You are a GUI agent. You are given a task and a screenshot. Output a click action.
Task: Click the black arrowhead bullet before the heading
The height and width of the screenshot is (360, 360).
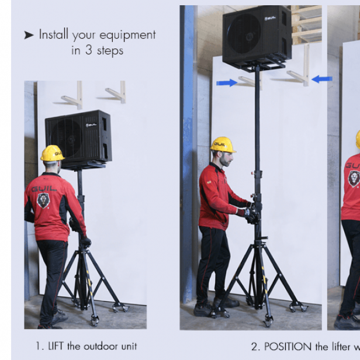tap(29, 35)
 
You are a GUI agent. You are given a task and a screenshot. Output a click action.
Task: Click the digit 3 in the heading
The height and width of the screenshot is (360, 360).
tap(89, 50)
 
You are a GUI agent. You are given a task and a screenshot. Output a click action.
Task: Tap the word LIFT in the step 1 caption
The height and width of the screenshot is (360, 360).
tap(56, 346)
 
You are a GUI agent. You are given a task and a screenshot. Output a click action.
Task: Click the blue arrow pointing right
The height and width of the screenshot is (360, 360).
tap(227, 82)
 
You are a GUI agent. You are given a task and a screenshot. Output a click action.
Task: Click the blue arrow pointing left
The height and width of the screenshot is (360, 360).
tap(322, 79)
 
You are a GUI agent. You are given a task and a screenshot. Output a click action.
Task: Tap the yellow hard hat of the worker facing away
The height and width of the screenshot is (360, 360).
tap(53, 153)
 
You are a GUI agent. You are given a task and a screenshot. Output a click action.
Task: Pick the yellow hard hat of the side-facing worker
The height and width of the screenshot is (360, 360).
tap(223, 144)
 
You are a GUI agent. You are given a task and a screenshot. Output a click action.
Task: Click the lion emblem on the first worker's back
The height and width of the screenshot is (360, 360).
tap(43, 200)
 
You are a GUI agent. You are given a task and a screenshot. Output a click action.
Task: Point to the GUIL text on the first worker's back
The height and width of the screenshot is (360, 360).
tap(44, 189)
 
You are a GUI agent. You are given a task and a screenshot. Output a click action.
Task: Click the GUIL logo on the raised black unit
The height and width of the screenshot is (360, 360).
tap(270, 18)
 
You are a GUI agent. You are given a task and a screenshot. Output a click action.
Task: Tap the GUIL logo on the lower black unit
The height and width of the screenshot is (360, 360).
tap(91, 125)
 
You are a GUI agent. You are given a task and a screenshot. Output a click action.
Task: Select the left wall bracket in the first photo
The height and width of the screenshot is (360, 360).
tap(72, 96)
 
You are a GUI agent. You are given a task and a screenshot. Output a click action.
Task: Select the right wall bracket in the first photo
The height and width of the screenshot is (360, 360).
tap(116, 92)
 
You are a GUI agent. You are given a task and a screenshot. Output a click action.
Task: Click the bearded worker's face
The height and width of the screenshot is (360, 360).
tap(226, 158)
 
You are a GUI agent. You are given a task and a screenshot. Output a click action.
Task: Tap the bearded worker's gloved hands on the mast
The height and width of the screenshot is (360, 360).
tap(252, 213)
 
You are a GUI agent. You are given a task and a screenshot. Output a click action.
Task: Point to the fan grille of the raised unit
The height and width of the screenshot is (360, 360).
tap(245, 34)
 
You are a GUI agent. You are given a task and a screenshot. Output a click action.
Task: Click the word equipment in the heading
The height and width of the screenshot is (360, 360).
tap(127, 35)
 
